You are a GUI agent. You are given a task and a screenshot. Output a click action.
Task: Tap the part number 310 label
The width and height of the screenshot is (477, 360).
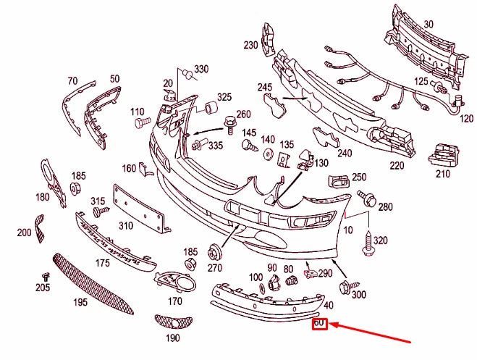click(127, 225)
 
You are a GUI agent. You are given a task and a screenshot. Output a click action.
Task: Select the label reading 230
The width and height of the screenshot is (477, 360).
click(251, 45)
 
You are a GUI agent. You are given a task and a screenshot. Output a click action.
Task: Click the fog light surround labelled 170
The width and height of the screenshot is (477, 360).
click(175, 279)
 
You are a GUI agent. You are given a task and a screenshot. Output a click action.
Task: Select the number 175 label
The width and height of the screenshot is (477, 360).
click(103, 262)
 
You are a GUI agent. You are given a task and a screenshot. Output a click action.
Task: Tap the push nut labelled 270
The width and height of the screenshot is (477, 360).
click(214, 253)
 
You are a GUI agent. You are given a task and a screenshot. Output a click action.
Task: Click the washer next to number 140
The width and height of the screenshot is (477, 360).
click(267, 154)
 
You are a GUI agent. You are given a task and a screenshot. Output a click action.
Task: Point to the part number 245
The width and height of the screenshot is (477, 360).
click(264, 88)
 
